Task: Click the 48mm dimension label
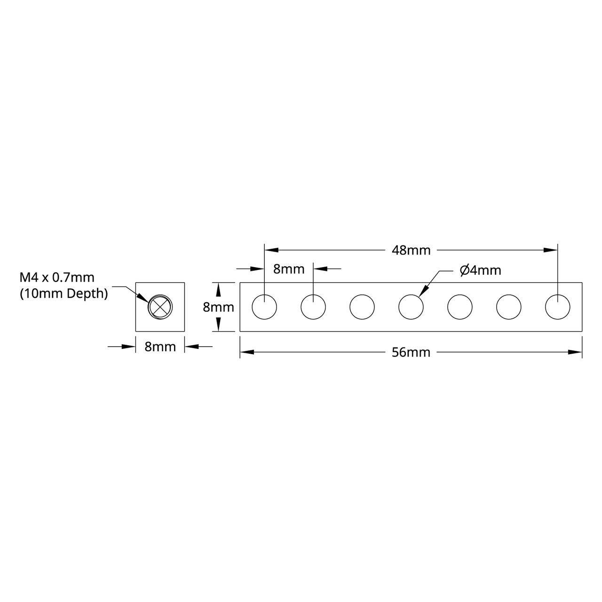point(411,250)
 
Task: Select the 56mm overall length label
point(411,352)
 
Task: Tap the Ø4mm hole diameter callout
point(480,270)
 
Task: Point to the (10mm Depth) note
point(64,293)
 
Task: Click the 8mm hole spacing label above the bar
point(289,269)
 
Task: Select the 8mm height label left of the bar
point(218,307)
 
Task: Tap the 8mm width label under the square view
point(160,347)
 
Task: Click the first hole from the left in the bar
point(264,307)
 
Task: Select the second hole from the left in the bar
point(313,307)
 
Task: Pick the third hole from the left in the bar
point(362,307)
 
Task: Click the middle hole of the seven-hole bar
point(411,307)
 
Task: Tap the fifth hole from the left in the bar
point(460,307)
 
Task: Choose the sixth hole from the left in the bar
point(509,307)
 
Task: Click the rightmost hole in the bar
point(558,307)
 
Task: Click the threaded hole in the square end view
point(160,307)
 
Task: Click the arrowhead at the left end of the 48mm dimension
point(271,250)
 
